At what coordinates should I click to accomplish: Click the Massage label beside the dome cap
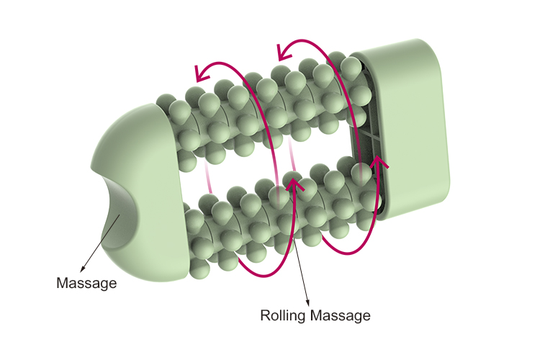coord(86,283)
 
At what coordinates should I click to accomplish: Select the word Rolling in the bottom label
coord(281,315)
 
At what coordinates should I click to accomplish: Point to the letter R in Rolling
coord(264,315)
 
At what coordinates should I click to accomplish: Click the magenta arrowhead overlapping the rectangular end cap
coord(377,165)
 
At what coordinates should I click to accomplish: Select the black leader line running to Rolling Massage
coord(302,266)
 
